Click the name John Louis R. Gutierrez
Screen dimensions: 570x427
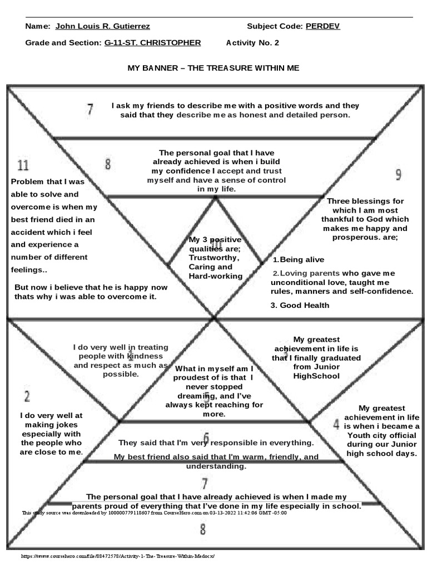102,26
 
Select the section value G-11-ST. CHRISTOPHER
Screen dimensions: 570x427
153,43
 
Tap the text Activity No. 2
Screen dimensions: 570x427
253,43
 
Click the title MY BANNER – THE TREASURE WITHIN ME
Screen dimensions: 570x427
213,67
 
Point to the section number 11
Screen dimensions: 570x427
23,165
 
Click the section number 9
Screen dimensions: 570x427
398,175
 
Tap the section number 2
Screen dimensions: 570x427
26,396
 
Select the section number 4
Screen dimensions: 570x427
336,424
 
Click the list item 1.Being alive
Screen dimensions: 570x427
298,260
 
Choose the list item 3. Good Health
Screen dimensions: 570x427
300,305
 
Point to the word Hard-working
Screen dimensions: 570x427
215,276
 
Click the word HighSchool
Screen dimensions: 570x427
316,376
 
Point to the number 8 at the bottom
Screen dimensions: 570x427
204,529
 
